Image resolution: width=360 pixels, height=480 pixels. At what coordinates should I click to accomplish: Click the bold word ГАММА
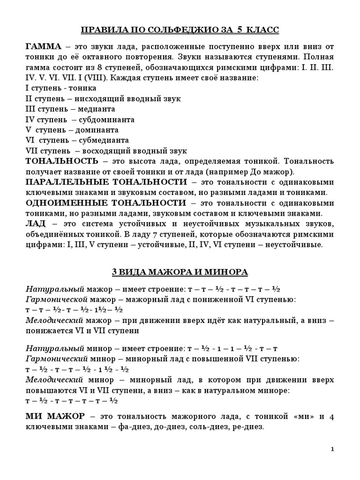[x=43, y=46]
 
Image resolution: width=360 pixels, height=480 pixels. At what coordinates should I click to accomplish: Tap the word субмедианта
[x=105, y=140]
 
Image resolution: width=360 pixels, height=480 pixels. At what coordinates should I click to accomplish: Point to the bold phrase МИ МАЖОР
[x=55, y=416]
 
